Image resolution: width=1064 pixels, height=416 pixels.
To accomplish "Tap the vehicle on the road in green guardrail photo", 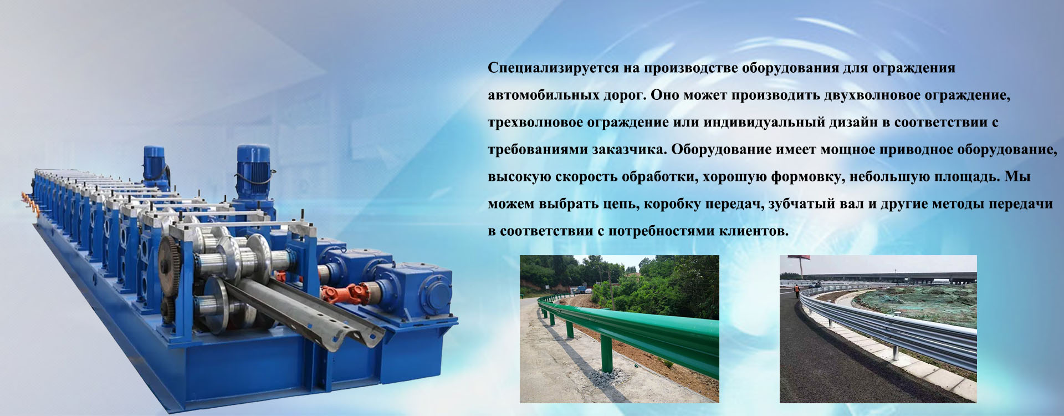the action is pos(580,290).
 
